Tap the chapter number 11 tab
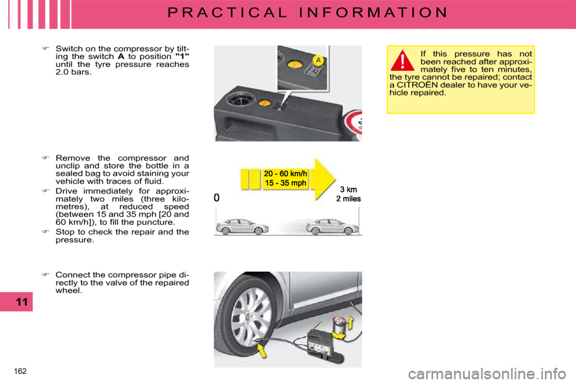pyautogui.click(x=21, y=302)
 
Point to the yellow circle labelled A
pyautogui.click(x=319, y=61)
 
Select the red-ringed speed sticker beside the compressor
pyautogui.click(x=355, y=124)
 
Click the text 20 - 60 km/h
pyautogui.click(x=285, y=174)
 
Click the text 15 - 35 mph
pyautogui.click(x=285, y=183)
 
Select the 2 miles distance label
pyautogui.click(x=349, y=199)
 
